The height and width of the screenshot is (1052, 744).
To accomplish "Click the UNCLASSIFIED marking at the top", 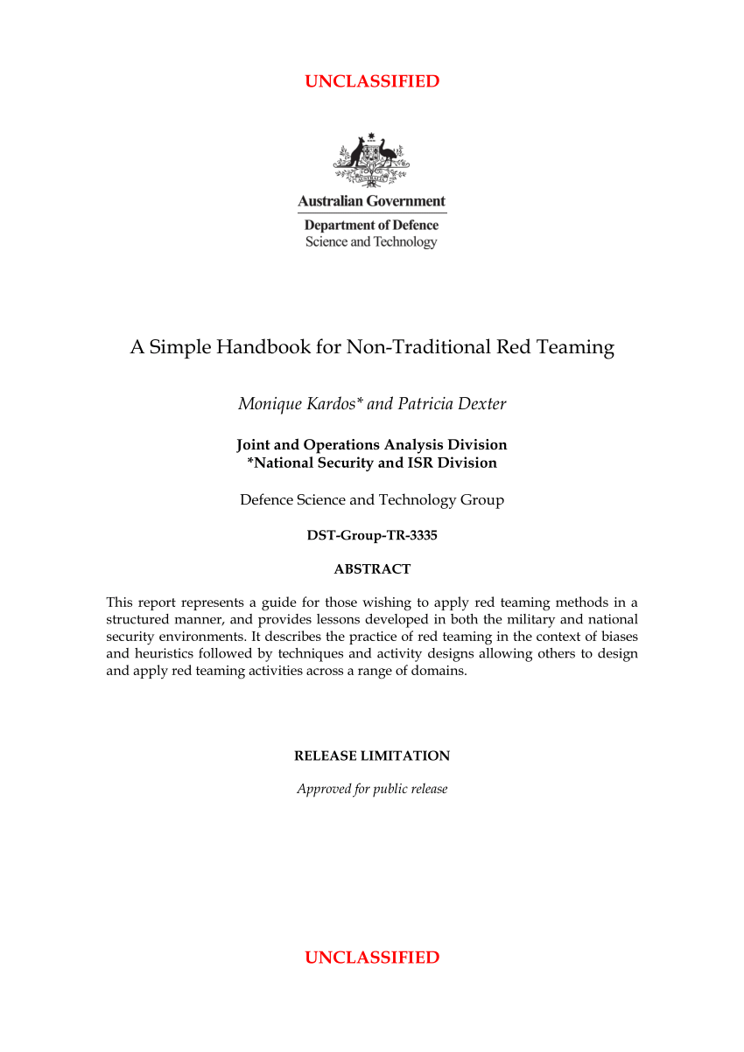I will coord(372,82).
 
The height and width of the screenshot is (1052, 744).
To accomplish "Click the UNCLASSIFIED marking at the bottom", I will coord(372,958).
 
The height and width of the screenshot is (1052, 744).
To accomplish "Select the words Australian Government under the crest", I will coord(372,201).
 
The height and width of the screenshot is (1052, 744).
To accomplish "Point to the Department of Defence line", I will coord(372,226).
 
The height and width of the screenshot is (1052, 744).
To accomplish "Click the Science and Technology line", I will coord(371,242).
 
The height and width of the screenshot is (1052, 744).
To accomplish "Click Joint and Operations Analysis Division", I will coord(372,445).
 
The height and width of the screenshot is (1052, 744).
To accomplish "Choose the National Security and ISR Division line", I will coord(372,463).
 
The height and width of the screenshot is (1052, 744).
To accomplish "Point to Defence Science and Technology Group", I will coord(372,500).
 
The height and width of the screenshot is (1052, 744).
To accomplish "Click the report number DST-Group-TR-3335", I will coord(372,535).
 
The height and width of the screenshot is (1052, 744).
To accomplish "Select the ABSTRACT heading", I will coord(372,569).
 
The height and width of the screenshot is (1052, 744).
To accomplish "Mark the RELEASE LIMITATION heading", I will coord(372,756).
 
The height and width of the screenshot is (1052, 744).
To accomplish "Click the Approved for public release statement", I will coord(372,789).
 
